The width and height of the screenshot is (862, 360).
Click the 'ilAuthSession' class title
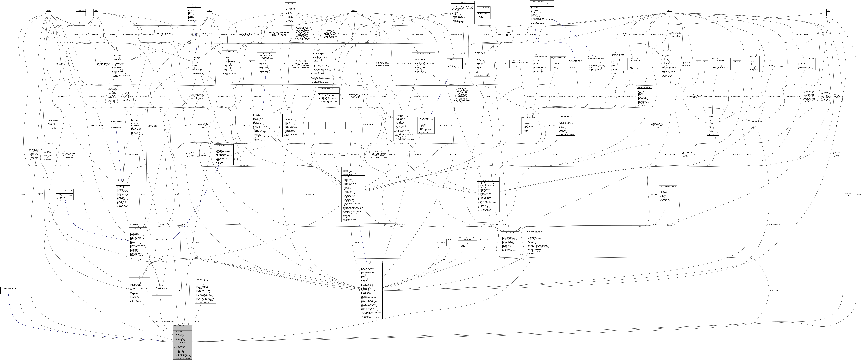point(229,51)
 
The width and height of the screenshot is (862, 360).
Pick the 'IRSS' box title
point(156,240)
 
